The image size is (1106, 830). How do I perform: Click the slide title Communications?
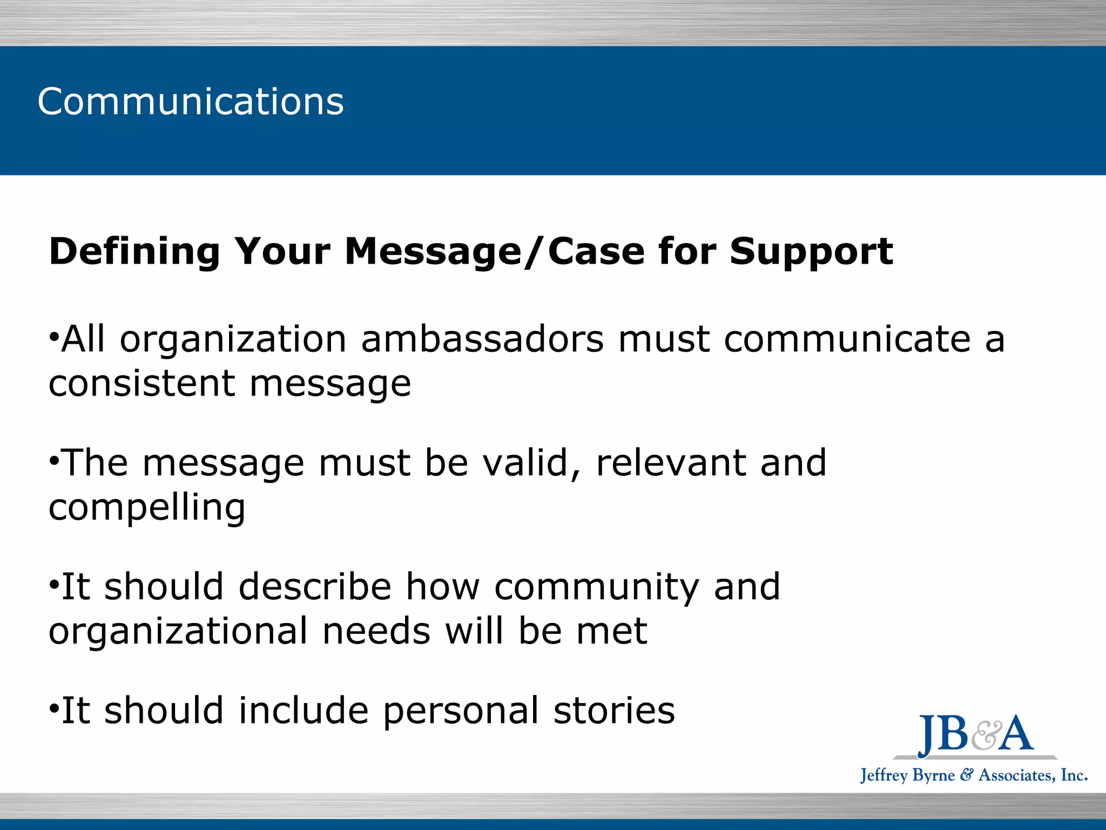pyautogui.click(x=190, y=102)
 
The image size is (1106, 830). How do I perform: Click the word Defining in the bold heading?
pyautogui.click(x=134, y=252)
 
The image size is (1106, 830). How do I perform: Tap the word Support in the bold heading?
pyautogui.click(x=811, y=252)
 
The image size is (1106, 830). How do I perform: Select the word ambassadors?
pyautogui.click(x=482, y=339)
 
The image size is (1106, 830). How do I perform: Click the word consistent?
pyautogui.click(x=141, y=384)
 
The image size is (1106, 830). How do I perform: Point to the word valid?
pyautogui.click(x=532, y=463)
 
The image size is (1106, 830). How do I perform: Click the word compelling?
pyautogui.click(x=147, y=508)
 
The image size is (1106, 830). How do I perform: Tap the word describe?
pyautogui.click(x=315, y=587)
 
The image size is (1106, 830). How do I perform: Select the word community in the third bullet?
pyautogui.click(x=597, y=588)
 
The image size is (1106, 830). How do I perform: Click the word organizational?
pyautogui.click(x=178, y=632)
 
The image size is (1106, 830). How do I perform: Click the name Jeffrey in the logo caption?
pyautogui.click(x=884, y=775)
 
